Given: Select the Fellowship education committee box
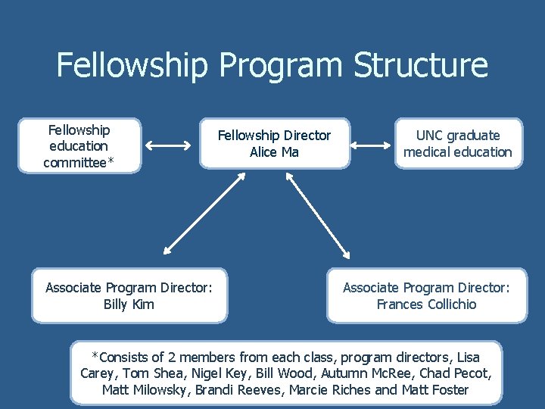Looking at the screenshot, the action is [79, 146].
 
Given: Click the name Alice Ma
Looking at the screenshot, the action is [274, 152].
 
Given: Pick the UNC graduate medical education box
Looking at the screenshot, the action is [457, 144].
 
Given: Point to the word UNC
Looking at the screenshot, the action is [428, 136].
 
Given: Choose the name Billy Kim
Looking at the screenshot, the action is [129, 304].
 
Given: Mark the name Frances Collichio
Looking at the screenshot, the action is [427, 304].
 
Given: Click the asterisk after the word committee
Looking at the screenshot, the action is [111, 161].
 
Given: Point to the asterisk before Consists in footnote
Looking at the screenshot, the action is [95, 355].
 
